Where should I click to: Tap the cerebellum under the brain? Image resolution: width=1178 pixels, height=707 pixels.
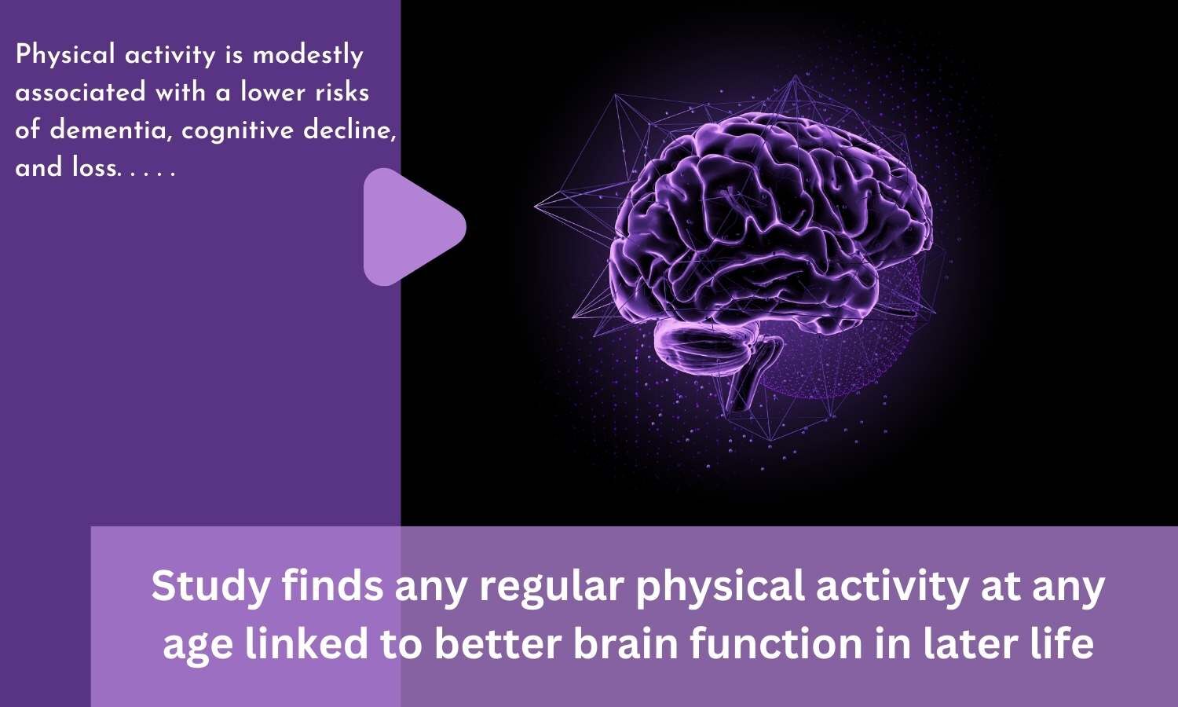click(699, 346)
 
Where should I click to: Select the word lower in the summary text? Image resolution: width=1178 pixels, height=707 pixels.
click(273, 93)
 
